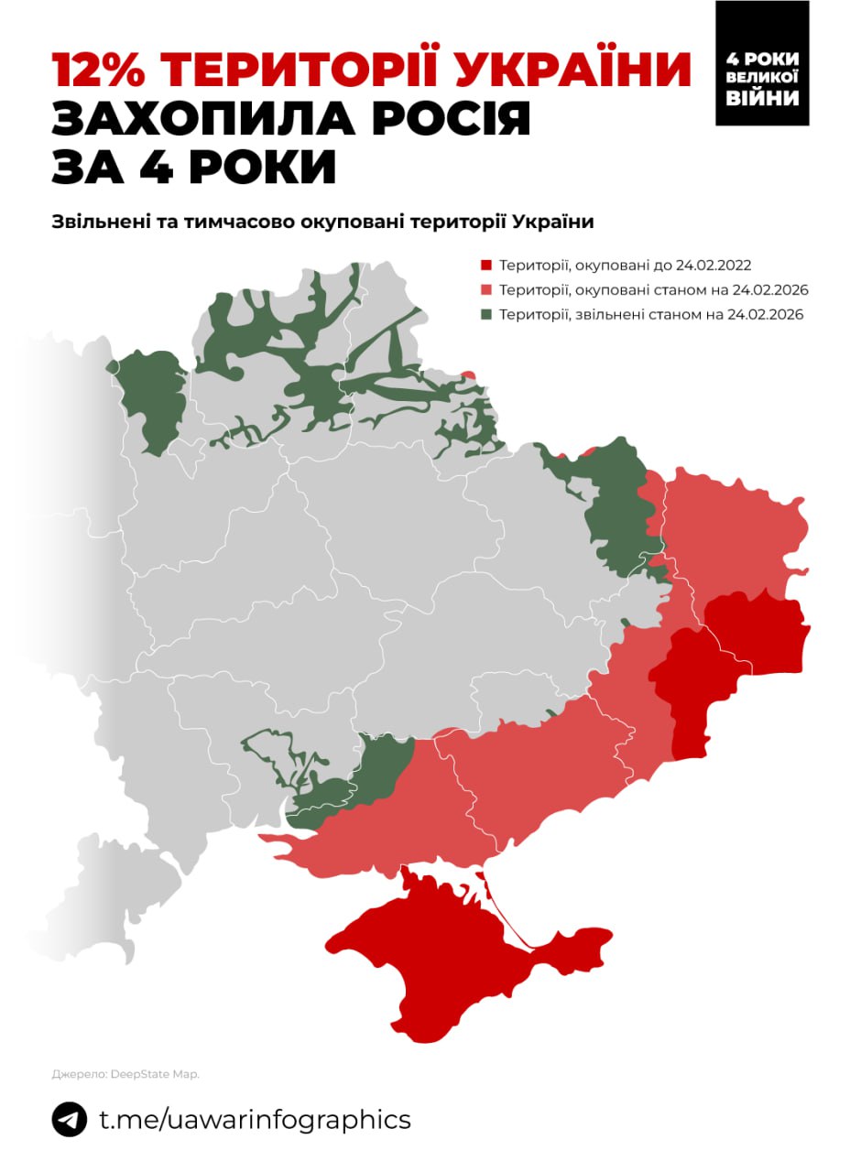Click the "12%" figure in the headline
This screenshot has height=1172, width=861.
click(x=102, y=71)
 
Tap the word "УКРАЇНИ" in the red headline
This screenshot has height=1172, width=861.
click(x=568, y=71)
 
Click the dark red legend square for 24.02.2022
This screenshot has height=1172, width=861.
click(x=485, y=266)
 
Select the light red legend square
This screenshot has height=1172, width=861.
click(x=485, y=290)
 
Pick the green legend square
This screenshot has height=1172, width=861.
click(x=485, y=315)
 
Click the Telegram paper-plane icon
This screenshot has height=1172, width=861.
click(x=70, y=1119)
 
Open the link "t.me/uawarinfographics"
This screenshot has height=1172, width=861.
click(x=254, y=1119)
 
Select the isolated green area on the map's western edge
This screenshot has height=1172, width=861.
click(x=151, y=398)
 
